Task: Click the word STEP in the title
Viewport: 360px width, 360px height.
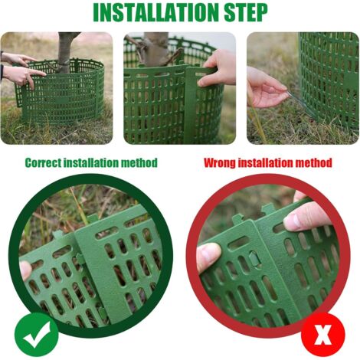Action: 246,12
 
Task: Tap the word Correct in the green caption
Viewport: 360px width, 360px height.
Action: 43,162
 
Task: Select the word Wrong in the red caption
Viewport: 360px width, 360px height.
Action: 220,162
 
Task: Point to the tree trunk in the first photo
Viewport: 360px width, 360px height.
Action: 66,52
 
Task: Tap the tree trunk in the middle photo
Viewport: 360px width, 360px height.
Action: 155,48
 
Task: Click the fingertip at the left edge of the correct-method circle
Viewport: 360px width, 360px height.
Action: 25,270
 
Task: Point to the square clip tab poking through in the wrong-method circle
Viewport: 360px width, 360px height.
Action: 255,258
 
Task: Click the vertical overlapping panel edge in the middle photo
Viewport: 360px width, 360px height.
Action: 190,105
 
